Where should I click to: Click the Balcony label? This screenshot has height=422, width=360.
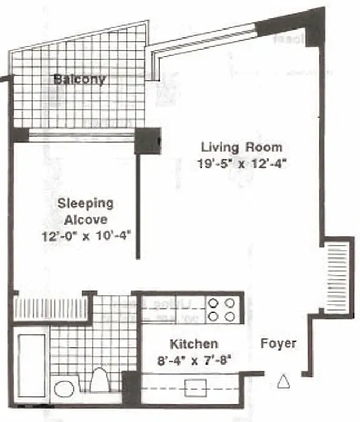[79, 80]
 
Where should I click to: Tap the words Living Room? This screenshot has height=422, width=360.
[241, 147]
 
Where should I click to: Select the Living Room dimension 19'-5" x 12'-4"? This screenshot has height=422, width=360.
[241, 164]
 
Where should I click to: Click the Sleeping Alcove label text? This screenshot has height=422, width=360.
[85, 210]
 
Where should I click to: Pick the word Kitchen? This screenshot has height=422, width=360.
[194, 344]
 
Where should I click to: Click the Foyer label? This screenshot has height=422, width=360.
[278, 344]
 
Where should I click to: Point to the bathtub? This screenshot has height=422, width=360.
[31, 364]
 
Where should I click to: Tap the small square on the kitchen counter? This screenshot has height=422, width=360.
[191, 388]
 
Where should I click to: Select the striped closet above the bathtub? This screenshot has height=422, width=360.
[52, 309]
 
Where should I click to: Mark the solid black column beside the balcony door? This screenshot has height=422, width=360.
[147, 140]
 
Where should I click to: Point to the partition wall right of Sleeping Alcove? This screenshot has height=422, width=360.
[138, 206]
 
